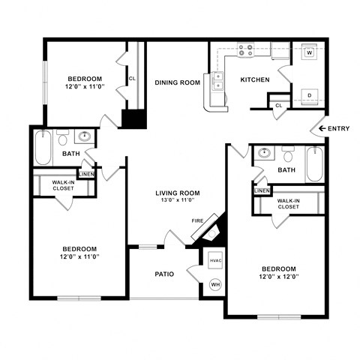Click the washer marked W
(309, 53)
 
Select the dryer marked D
(309, 94)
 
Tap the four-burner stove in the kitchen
(246, 51)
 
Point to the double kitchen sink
(218, 81)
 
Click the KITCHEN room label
(254, 80)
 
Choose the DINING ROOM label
(178, 82)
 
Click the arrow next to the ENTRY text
(322, 129)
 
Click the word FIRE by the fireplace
(197, 220)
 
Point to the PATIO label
(164, 274)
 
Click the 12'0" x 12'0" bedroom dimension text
(278, 278)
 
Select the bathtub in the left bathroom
(43, 148)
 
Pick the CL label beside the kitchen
(278, 105)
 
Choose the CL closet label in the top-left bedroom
(132, 78)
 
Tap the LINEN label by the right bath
(262, 190)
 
